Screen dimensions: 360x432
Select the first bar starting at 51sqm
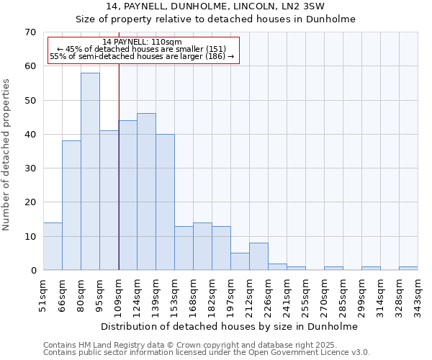click(x=53, y=246)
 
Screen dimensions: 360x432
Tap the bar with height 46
click(x=146, y=192)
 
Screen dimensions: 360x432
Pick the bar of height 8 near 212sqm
click(x=258, y=256)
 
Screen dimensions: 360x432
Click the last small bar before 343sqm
click(x=408, y=269)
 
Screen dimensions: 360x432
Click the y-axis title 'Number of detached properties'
click(x=6, y=155)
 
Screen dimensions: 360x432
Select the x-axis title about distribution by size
click(x=230, y=326)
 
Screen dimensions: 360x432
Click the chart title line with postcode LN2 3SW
click(x=216, y=6)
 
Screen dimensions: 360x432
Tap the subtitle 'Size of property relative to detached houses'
click(x=216, y=19)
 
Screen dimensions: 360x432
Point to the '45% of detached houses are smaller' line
click(x=142, y=49)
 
